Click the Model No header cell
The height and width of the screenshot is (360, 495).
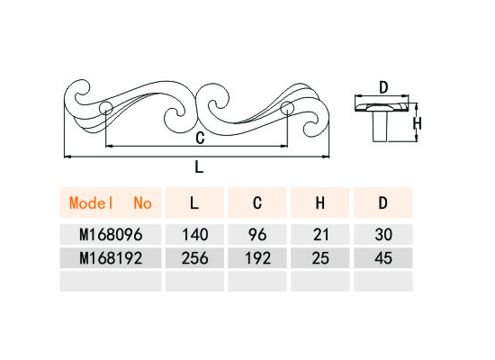(x=111, y=202)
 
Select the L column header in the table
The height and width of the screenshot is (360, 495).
(x=194, y=202)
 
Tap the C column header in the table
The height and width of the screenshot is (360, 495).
(x=257, y=202)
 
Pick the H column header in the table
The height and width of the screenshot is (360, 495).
(x=320, y=202)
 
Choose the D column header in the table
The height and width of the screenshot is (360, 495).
(x=382, y=202)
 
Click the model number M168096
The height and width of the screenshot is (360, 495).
(x=111, y=235)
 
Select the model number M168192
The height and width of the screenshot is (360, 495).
(x=111, y=258)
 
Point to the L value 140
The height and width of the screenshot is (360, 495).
(x=195, y=235)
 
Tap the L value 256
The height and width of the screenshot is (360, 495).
(x=195, y=258)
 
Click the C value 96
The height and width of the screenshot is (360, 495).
(x=257, y=235)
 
